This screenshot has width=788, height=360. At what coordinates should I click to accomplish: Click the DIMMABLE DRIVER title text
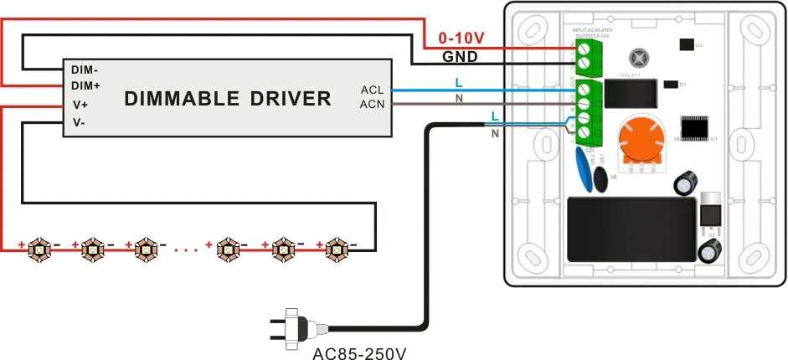pos(228,99)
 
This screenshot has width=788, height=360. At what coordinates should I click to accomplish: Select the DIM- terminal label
pos(85,70)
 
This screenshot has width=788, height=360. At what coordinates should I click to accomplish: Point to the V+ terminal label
pos(81,105)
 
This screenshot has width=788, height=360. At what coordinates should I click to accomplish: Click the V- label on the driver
pos(80,122)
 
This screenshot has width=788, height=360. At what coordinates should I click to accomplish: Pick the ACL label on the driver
pos(372,90)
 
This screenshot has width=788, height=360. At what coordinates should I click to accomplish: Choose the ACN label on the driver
pos(372,104)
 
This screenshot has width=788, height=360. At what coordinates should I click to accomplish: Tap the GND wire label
pos(460,58)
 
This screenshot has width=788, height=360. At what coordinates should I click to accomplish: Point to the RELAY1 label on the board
pos(629,75)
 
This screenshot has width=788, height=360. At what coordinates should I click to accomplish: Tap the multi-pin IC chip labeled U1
pos(694,129)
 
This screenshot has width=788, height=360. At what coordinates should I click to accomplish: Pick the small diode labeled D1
pos(670,84)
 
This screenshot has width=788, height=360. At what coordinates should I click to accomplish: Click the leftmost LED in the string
pos(39,249)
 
